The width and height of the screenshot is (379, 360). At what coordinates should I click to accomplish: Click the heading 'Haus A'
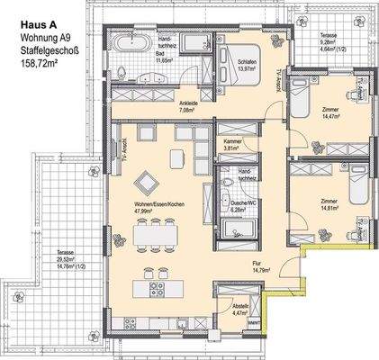click(35, 16)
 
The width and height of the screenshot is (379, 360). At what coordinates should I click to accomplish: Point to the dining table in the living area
click(151, 236)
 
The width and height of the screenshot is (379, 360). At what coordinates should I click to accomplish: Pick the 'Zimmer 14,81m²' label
click(330, 206)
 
